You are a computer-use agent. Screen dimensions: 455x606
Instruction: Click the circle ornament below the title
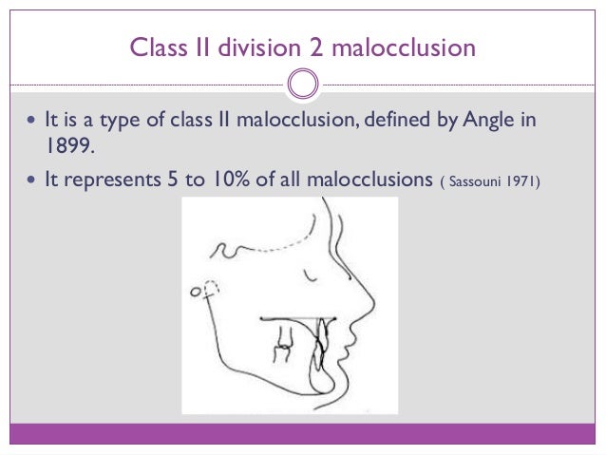tap(302, 84)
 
